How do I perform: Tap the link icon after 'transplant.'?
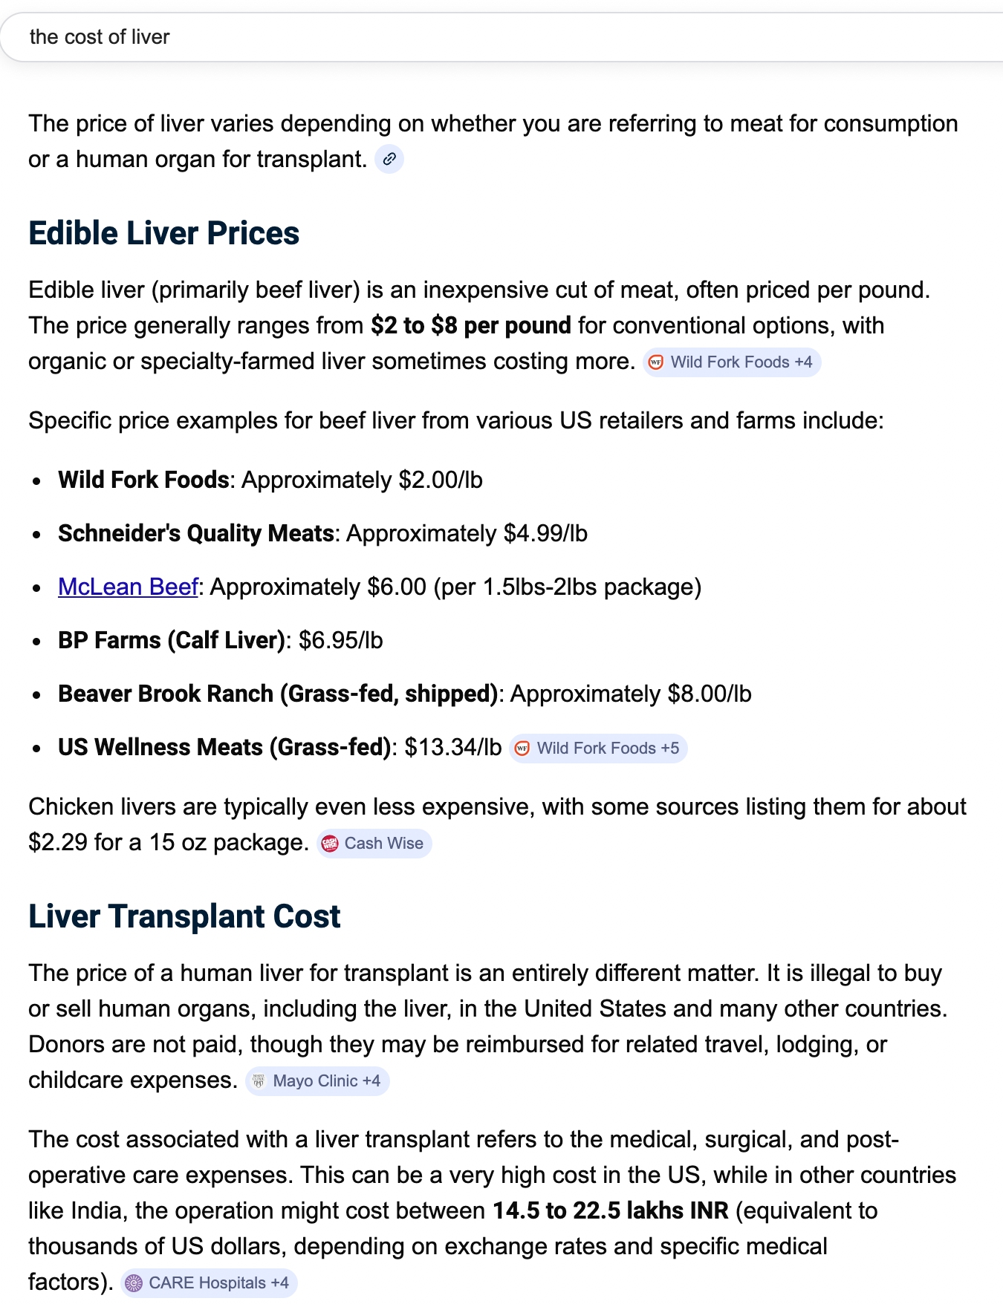(x=389, y=160)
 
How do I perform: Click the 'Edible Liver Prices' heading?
(x=163, y=233)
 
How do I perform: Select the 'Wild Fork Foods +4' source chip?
(x=732, y=362)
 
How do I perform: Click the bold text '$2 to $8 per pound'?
(x=471, y=326)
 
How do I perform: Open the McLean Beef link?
(x=128, y=587)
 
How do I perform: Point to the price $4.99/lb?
(x=545, y=534)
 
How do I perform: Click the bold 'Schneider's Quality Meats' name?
(x=196, y=534)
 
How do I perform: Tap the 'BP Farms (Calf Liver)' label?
(x=172, y=641)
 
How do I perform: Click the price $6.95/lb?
(x=341, y=641)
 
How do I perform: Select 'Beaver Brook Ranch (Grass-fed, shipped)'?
(x=277, y=694)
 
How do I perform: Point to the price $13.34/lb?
(x=453, y=748)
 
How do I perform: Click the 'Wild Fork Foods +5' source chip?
(x=598, y=749)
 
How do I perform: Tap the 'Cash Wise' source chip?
(x=374, y=844)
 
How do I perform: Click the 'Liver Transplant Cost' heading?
(x=184, y=916)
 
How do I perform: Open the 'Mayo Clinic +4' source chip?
(x=317, y=1081)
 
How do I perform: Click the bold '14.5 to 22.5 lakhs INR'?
(x=611, y=1211)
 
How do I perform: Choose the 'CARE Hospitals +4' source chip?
(x=209, y=1283)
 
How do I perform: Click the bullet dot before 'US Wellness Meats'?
(x=36, y=749)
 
